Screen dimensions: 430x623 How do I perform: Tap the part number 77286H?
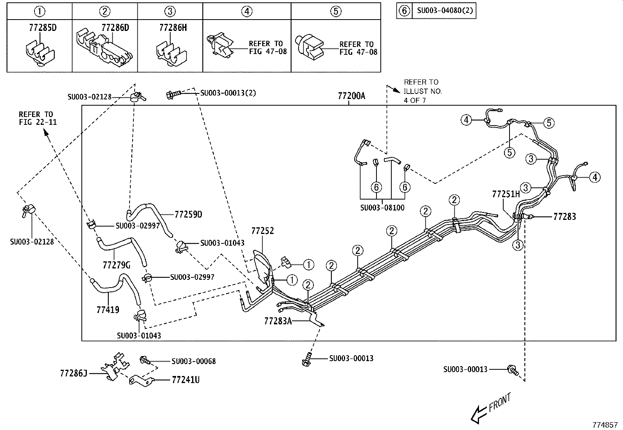coord(173,27)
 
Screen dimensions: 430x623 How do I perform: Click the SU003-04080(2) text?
coord(445,11)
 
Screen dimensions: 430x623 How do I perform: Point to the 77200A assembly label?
coord(351,96)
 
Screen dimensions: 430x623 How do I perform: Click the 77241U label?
coord(185,380)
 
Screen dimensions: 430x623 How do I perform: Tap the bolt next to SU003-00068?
coord(145,360)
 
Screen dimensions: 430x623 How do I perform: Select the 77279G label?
coord(116,265)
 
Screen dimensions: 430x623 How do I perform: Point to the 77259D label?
coord(188,214)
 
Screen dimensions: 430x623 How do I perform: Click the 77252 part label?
coord(262,231)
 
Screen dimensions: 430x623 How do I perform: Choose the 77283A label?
coord(278,321)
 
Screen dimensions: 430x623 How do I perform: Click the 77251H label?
coord(506,194)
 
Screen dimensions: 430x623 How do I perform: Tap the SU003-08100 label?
coord(382,208)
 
